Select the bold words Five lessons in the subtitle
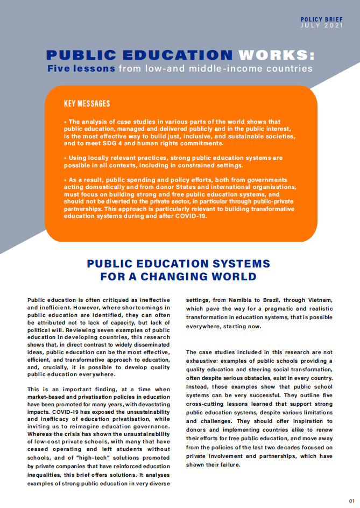point(81,68)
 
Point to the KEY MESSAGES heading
point(87,103)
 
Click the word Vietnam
point(319,300)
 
